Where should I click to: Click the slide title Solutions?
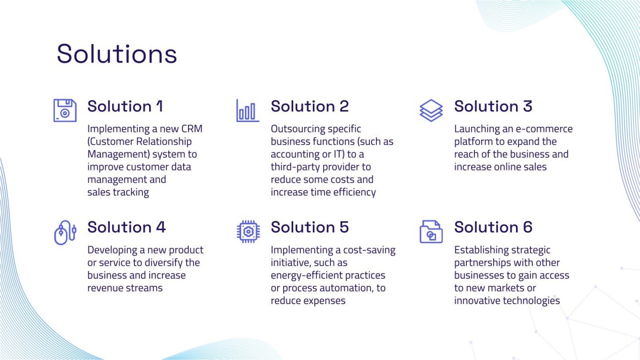pos(117,54)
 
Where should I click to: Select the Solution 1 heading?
pos(125,106)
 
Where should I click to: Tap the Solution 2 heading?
pos(309,106)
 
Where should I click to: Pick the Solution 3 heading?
pos(493,106)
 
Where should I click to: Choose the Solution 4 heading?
pos(126,227)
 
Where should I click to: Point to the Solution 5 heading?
pos(309,227)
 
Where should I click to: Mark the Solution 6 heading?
pos(493,227)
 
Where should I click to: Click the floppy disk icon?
pos(65,110)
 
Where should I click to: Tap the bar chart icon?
pos(247,110)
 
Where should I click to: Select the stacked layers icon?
pos(431,110)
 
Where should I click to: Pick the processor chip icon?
pos(248,232)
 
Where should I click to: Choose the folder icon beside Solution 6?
pos(431,232)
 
